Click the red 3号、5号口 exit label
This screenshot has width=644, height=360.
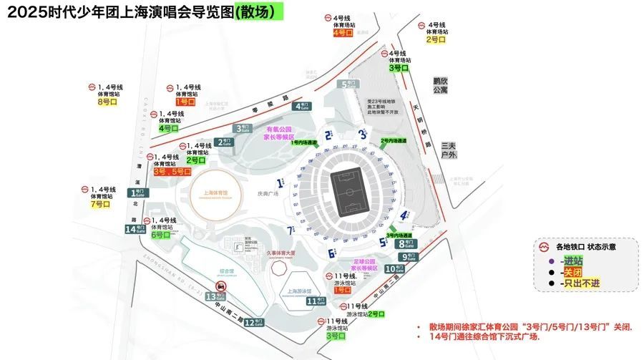click(x=172, y=172)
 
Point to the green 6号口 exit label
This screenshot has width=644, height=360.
click(x=161, y=235)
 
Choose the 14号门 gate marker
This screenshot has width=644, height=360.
click(x=131, y=229)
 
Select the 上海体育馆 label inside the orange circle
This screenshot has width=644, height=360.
click(x=215, y=193)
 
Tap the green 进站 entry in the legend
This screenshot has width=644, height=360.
click(x=572, y=261)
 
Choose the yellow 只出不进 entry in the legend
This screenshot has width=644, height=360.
click(x=578, y=283)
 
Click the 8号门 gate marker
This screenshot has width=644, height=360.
click(x=403, y=244)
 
